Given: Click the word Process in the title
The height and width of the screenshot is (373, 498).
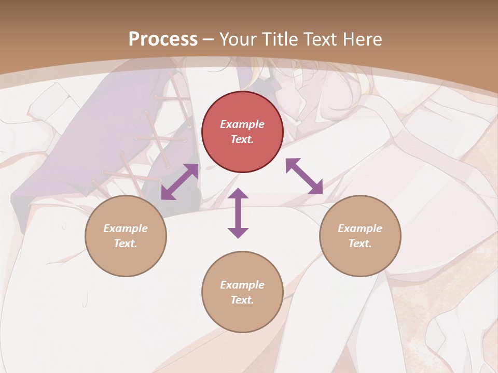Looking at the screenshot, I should coord(163,39).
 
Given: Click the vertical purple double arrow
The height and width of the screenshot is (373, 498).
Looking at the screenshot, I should coord(238,213).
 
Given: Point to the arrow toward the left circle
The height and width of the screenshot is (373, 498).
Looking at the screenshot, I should coord(179,182).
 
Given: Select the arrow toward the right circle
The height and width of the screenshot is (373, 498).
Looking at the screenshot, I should coord(304,176).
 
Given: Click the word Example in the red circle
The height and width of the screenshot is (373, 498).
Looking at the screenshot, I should coord(242,124).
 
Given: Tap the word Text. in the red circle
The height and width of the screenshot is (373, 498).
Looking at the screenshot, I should coord(242,139).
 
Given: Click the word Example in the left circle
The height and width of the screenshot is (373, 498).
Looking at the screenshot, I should coord(126,228).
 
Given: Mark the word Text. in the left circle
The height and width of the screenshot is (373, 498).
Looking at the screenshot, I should coord(126,243).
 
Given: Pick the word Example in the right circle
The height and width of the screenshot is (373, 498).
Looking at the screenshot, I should coord(360,228).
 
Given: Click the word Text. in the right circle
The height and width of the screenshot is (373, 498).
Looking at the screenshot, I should coord(360,243).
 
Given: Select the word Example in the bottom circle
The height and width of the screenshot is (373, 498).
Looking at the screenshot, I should coord(242,285).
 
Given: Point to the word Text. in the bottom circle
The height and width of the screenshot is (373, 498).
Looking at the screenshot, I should coord(242,300).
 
